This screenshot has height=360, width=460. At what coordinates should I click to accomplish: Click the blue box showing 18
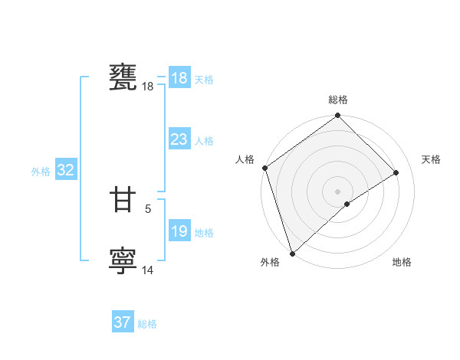click(x=179, y=77)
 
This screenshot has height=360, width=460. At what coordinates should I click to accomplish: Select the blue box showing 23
click(x=179, y=139)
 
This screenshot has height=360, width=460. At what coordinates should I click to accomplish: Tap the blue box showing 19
click(x=179, y=231)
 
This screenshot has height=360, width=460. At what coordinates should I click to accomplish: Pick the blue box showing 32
click(x=65, y=170)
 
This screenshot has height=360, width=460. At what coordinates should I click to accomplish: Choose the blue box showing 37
click(x=122, y=322)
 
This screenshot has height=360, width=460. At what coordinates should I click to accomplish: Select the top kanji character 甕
click(x=123, y=78)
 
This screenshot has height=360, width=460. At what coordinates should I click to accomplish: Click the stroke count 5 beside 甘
click(x=148, y=208)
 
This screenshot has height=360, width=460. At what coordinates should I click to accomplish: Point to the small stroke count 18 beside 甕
click(x=148, y=87)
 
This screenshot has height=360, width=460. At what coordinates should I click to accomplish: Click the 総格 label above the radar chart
click(x=338, y=100)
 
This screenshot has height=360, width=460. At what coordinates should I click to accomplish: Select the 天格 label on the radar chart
click(x=431, y=159)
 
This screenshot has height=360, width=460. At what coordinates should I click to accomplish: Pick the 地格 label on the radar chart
click(x=402, y=262)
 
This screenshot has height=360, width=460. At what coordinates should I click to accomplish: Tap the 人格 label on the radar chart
click(x=245, y=159)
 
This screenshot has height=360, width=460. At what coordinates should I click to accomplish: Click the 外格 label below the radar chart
click(x=269, y=262)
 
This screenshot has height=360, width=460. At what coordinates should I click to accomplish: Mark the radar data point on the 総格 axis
click(x=338, y=116)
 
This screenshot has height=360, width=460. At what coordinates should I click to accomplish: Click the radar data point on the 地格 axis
click(x=347, y=204)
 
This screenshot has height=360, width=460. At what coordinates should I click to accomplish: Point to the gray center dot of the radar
click(x=338, y=191)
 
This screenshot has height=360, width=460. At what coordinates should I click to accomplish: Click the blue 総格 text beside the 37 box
click(x=147, y=324)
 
